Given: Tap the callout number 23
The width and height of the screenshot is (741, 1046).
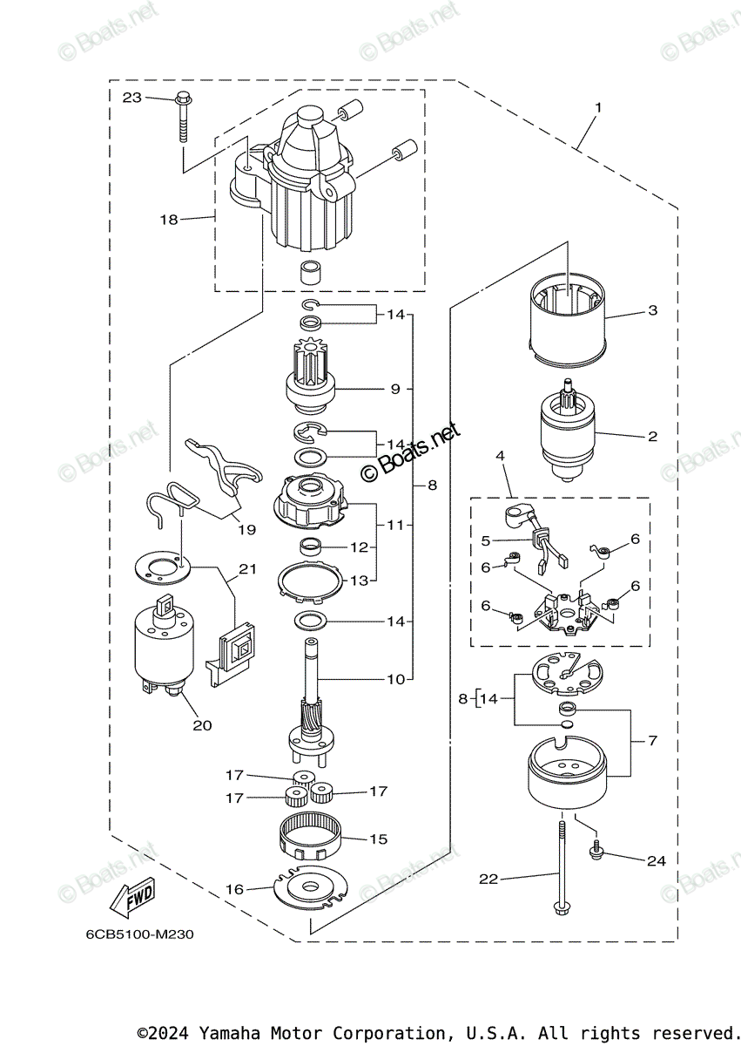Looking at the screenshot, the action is pyautogui.click(x=132, y=98).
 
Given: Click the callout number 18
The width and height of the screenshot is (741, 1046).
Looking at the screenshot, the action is pyautogui.click(x=169, y=219).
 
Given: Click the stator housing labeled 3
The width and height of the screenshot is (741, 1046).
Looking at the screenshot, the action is pyautogui.click(x=567, y=318).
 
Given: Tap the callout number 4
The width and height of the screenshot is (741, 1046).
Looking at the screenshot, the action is pyautogui.click(x=500, y=455).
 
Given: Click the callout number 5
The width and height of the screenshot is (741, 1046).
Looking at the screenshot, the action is pyautogui.click(x=486, y=540).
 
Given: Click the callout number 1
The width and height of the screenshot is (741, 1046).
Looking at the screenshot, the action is pyautogui.click(x=598, y=108).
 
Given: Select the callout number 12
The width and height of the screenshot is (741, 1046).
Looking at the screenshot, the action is pyautogui.click(x=359, y=547).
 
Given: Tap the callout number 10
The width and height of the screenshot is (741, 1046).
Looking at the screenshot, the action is pyautogui.click(x=396, y=679).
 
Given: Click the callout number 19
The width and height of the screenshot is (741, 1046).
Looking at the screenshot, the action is pyautogui.click(x=246, y=530).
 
